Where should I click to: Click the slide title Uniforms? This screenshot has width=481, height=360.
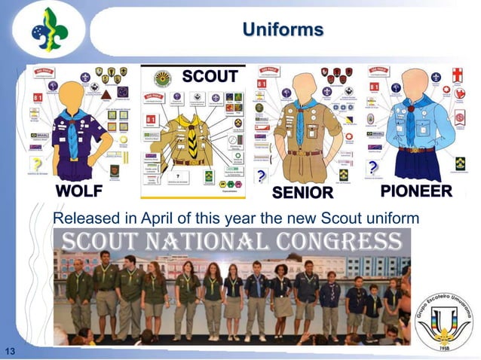[x=283, y=29]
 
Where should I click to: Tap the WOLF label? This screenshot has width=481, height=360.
[x=78, y=191]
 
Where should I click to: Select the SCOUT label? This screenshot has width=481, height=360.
[x=210, y=76]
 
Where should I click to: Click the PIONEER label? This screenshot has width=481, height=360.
[x=415, y=191]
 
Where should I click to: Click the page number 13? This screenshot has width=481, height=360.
[x=11, y=351]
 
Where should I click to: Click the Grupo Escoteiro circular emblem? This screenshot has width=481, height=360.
[x=443, y=319]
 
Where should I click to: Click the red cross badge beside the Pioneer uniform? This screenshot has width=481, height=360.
[x=457, y=75]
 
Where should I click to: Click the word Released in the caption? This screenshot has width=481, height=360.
[x=82, y=218]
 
